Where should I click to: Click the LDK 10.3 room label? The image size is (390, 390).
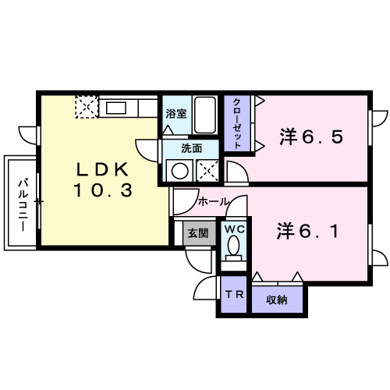[103, 179]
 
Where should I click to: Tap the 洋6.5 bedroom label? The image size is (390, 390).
[311, 136]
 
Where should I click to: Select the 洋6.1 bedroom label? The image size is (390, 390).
[307, 231]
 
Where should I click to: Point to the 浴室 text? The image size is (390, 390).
[176, 114]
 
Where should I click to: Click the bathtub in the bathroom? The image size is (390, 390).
[205, 115]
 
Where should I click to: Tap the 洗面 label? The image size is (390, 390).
[191, 148]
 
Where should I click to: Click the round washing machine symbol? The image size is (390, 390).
[180, 171]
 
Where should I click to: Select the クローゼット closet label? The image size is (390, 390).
[236, 123]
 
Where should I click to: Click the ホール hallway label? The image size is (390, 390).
[214, 201]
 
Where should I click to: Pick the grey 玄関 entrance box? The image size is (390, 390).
[199, 233]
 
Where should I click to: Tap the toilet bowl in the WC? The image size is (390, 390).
[234, 245]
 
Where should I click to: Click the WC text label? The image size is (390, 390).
[235, 229]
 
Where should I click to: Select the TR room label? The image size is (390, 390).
[234, 294]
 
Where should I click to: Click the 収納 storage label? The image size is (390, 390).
[277, 300]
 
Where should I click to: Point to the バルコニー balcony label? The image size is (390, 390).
[23, 204]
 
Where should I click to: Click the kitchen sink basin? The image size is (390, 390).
[116, 108]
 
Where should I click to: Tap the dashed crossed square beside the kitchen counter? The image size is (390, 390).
[87, 107]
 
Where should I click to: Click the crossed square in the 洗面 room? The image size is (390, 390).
[207, 171]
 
